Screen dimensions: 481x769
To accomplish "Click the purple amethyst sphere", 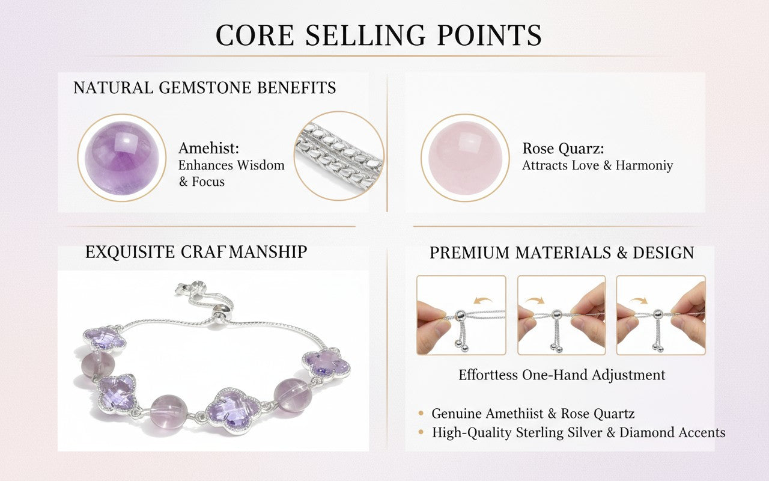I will tap(122, 158).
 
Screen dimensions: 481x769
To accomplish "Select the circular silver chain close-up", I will tap(339, 156).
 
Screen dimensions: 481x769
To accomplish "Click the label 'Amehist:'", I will tap(208, 149).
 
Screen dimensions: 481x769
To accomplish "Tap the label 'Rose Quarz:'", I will tap(563, 149).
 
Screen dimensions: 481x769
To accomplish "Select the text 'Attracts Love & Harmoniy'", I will tap(597, 165).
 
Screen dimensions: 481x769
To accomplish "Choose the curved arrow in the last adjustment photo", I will tap(639, 299).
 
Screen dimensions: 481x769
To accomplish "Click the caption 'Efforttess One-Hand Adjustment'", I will tap(562, 375).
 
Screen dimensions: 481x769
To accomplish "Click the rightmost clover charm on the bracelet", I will tap(326, 365).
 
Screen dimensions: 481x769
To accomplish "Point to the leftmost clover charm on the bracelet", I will tap(105, 340).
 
